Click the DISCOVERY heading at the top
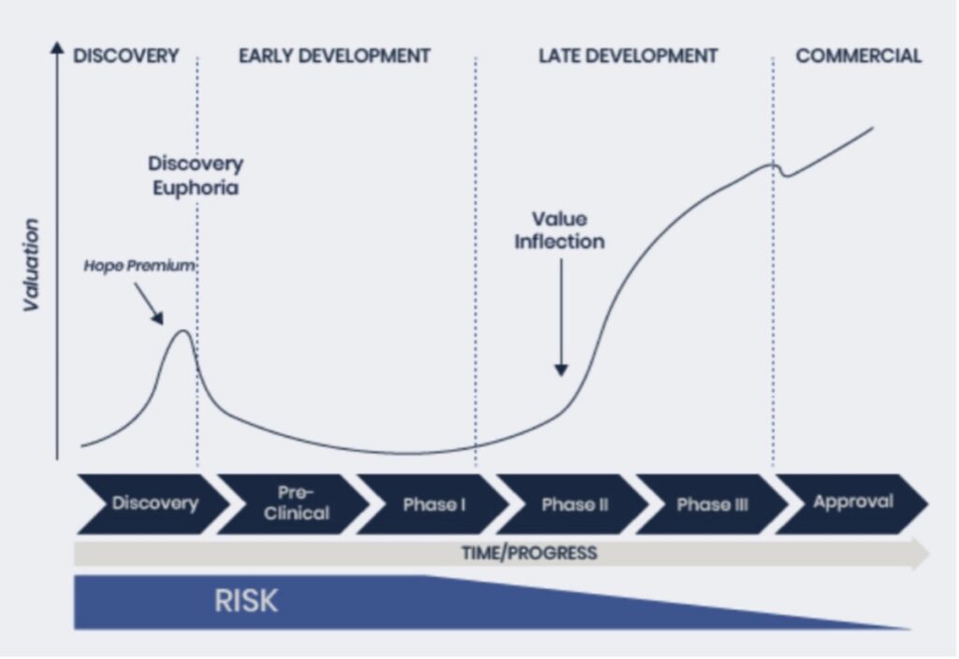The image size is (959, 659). point(126,55)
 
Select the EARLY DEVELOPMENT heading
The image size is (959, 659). point(334,55)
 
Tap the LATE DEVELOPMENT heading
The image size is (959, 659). point(628,55)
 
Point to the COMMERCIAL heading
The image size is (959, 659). point(859,55)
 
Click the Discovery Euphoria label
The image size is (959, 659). point(196,175)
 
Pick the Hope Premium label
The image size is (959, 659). point(140,266)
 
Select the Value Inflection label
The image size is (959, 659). point(560,230)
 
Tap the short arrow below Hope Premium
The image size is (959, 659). point(149,303)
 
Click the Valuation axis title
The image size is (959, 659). point(31,265)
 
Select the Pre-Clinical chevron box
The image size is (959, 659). point(294,504)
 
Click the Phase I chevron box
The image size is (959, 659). point(434,504)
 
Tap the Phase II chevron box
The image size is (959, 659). point(573,504)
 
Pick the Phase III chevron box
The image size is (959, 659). point(713,504)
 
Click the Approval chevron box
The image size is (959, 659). point(852,504)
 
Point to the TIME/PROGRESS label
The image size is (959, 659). point(529,553)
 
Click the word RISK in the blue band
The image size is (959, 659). point(246,601)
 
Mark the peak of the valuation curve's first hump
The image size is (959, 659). point(183,330)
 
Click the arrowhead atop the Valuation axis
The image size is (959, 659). point(57,47)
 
